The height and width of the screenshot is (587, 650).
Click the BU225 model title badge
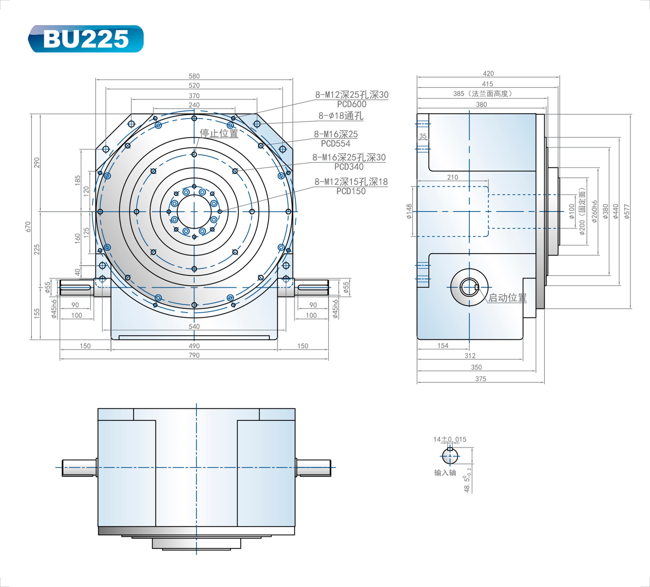click(x=86, y=39)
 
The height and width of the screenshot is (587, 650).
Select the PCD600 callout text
click(x=351, y=104)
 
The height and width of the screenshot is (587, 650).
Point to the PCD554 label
click(x=335, y=143)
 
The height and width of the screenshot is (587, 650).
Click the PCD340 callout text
click(x=349, y=167)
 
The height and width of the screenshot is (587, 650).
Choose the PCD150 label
click(x=351, y=191)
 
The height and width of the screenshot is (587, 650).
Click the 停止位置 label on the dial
click(x=219, y=133)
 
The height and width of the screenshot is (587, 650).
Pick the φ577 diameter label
click(x=626, y=212)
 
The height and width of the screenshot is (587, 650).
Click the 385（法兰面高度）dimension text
click(x=482, y=94)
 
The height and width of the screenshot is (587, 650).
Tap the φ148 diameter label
click(x=409, y=212)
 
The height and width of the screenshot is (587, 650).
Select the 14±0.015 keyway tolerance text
click(x=449, y=439)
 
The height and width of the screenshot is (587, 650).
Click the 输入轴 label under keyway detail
click(x=445, y=473)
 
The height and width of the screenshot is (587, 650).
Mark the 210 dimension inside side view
click(x=452, y=177)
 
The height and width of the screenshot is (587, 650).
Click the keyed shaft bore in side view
click(x=469, y=287)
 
